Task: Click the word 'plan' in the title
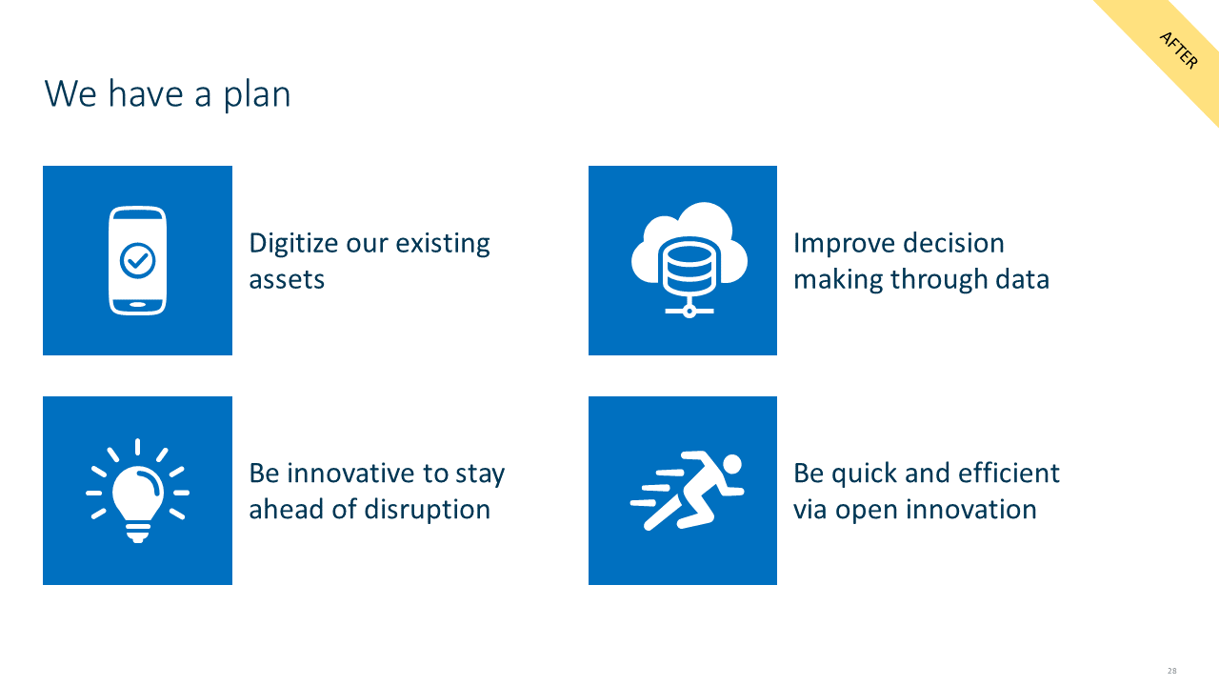coord(257,96)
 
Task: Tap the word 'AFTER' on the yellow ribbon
coord(1179,50)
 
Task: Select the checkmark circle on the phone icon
coord(138,260)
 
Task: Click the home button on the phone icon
coord(138,304)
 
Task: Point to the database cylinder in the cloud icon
coord(689,266)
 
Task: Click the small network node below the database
coord(689,312)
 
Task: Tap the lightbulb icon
coord(138,491)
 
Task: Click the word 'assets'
coord(287,280)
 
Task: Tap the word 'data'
coord(1023,279)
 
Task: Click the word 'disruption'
coord(428,510)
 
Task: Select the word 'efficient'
coord(1009,474)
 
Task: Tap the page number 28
coord(1171,671)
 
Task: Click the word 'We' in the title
coord(70,94)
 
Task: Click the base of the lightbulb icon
coord(138,533)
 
